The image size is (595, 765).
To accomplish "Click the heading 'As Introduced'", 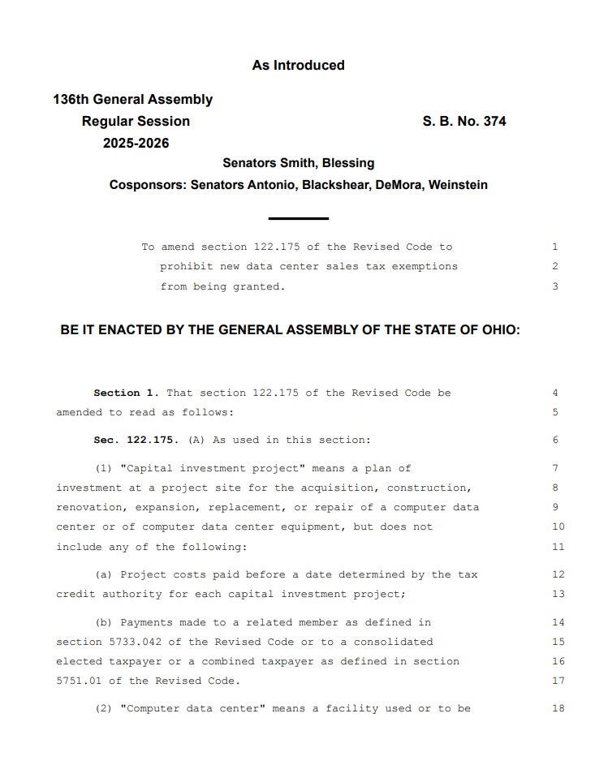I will [298, 65].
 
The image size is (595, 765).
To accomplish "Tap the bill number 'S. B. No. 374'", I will [463, 121].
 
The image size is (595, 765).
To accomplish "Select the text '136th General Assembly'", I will [133, 100].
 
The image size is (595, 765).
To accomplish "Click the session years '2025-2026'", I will [136, 143].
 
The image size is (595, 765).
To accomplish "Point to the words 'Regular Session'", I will [136, 121].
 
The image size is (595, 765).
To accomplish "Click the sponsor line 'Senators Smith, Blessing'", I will [298, 163].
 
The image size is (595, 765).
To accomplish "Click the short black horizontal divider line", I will [298, 218].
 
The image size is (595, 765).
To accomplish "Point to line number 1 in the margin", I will [555, 247].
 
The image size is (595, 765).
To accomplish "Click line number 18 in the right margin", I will [558, 708].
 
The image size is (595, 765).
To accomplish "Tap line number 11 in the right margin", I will [558, 547].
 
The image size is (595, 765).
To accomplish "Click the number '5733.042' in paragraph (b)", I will [82, 642].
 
